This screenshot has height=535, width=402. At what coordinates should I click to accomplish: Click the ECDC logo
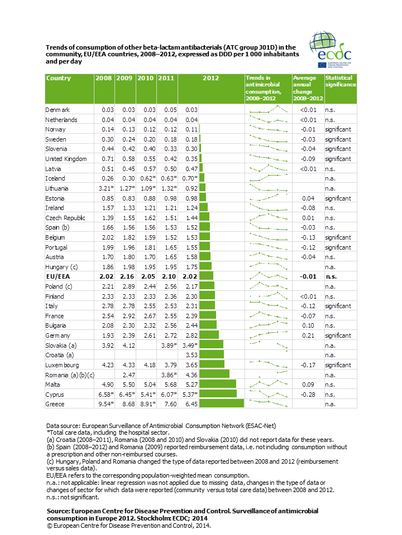[331, 50]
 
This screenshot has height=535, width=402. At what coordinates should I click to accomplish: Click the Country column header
[59, 78]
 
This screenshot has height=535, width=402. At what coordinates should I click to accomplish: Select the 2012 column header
[210, 78]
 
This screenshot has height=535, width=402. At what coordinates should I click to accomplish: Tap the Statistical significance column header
[341, 81]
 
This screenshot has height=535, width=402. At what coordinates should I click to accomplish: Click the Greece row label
[55, 405]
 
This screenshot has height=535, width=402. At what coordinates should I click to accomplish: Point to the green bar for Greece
[222, 403]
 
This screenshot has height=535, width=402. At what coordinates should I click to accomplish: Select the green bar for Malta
[218, 384]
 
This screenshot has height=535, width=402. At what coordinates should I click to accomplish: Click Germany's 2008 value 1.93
[108, 335]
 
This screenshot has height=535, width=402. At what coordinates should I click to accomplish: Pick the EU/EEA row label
[58, 277]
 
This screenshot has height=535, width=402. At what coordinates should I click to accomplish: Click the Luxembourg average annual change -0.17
[308, 365]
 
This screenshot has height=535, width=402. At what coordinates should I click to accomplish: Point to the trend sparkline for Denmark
[269, 110]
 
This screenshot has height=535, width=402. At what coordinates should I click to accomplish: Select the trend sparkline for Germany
[269, 334]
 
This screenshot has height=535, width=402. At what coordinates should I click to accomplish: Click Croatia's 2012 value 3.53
[192, 355]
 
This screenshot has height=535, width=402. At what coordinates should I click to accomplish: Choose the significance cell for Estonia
[338, 198]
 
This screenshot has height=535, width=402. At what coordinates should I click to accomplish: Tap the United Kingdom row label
[66, 159]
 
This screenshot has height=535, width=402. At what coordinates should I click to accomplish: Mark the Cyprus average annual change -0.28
[308, 395]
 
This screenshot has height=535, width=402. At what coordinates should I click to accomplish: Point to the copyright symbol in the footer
[50, 526]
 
